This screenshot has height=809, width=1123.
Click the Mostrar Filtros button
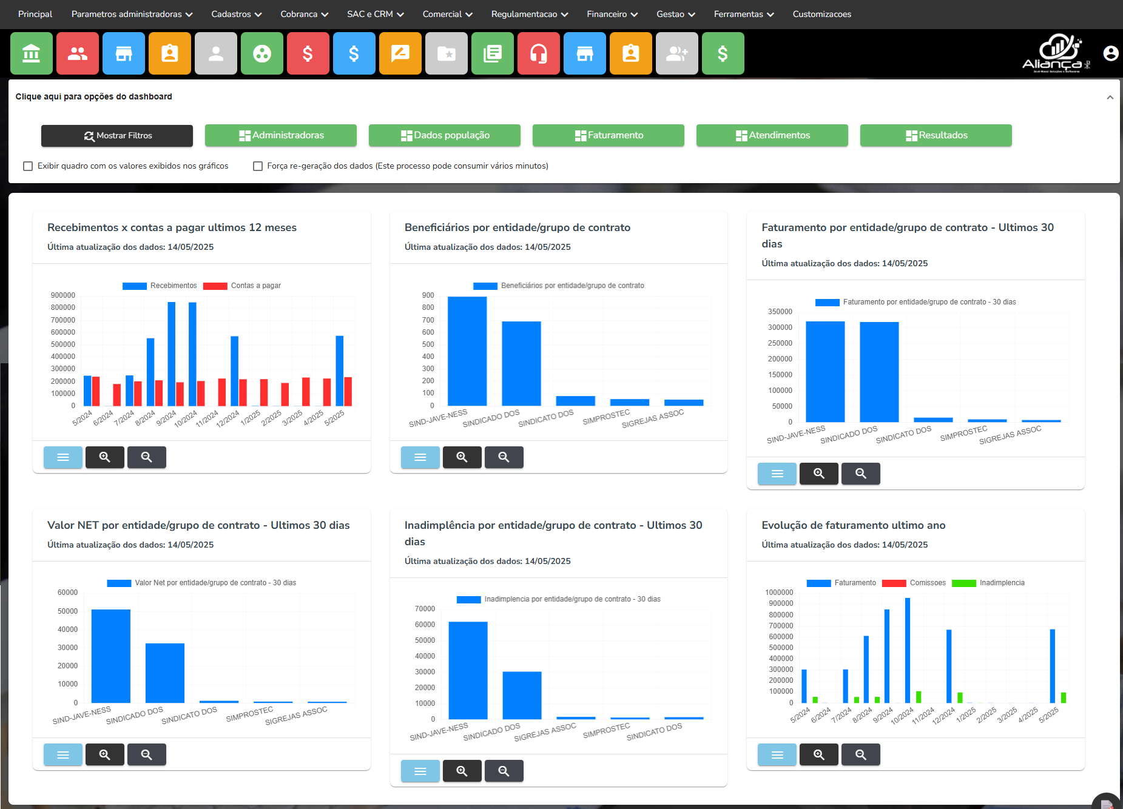(117, 136)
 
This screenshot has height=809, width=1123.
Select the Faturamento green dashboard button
(609, 135)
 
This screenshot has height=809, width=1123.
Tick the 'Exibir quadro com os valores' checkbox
(28, 166)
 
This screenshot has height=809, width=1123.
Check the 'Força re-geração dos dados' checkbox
(258, 166)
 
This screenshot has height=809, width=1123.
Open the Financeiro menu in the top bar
(612, 14)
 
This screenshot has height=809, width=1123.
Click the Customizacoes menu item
(821, 14)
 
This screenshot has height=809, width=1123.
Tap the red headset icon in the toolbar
(539, 54)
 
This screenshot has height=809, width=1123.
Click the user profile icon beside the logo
(1110, 53)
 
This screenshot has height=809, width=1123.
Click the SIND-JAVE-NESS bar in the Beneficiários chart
(467, 351)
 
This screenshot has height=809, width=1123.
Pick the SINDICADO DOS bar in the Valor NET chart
(165, 673)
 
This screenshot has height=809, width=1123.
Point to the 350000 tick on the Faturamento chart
(780, 312)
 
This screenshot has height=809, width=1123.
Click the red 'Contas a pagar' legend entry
(241, 286)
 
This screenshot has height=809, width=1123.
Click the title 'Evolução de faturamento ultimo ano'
(853, 525)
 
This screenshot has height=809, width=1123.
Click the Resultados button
(936, 135)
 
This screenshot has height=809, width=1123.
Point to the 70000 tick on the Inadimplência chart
(425, 609)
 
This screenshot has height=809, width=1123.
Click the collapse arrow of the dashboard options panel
(1110, 97)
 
